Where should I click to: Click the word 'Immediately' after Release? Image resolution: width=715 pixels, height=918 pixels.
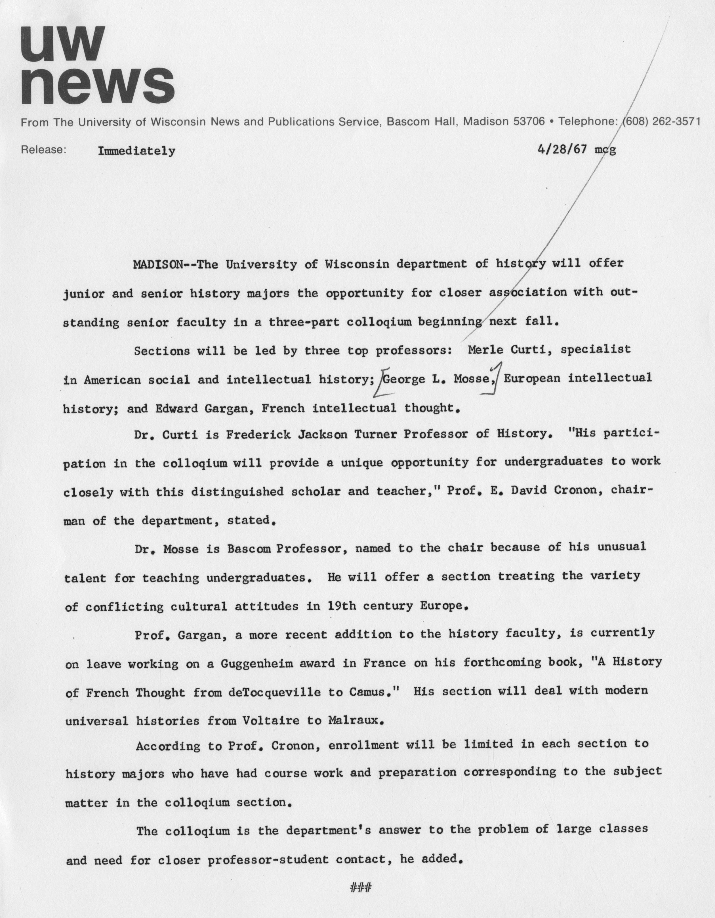pyautogui.click(x=136, y=151)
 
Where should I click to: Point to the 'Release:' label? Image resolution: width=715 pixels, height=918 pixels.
pyautogui.click(x=43, y=150)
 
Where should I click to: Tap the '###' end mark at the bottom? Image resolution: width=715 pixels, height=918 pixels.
pyautogui.click(x=361, y=888)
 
